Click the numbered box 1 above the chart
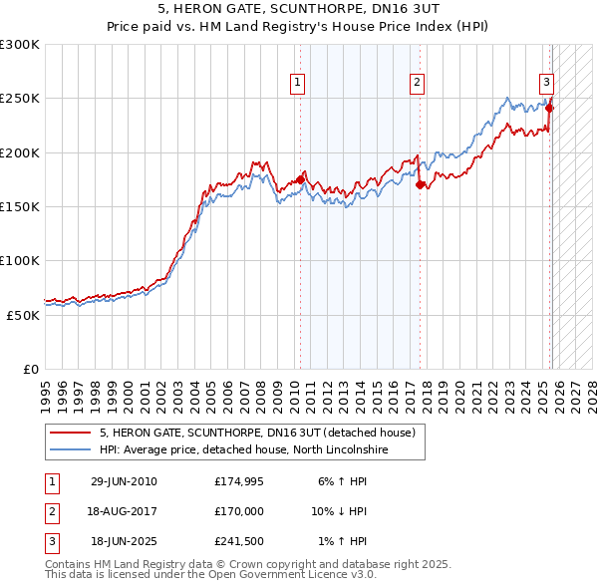tap(298, 83)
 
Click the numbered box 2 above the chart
tap(417, 83)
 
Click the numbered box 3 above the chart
tap(546, 83)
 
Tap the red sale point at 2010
tap(300, 179)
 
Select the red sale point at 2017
tap(420, 184)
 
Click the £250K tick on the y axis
tap(20, 99)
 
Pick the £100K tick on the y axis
tap(20, 260)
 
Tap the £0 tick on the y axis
tap(30, 369)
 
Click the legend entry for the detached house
tap(263, 434)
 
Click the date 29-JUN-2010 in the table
tap(124, 481)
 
